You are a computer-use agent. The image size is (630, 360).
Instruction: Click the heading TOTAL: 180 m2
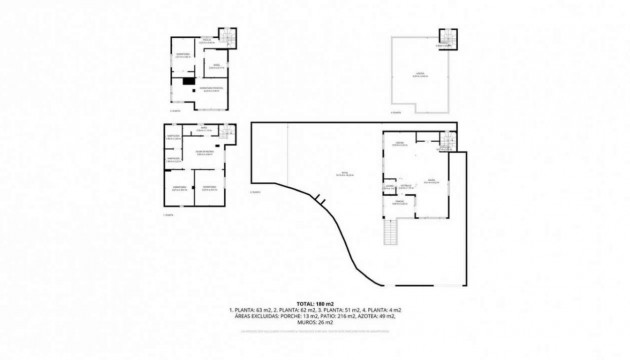coord(315,303)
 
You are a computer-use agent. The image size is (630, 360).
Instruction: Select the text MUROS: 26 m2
coord(315,322)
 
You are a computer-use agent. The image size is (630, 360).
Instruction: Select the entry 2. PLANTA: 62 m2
coord(295,310)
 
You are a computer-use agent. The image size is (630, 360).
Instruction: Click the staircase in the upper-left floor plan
coord(227,39)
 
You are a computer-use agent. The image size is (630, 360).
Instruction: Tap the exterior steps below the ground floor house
coord(392,234)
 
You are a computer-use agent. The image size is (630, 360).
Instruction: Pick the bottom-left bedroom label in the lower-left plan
coord(180,187)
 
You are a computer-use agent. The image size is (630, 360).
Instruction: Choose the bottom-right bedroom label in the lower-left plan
coord(209,187)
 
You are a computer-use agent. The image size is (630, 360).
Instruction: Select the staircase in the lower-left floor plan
coord(228,131)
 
